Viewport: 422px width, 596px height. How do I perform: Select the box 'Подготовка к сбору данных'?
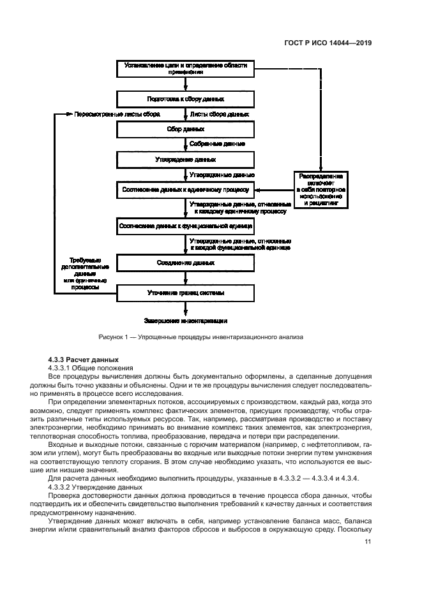pyautogui.click(x=185, y=99)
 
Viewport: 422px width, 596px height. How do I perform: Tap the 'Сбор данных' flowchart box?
pyautogui.click(x=185, y=129)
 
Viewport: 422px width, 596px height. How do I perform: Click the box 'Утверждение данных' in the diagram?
pyautogui.click(x=185, y=159)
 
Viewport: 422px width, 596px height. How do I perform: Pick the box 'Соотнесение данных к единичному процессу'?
pyautogui.click(x=185, y=189)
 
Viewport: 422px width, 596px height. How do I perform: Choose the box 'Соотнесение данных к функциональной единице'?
pyautogui.click(x=185, y=226)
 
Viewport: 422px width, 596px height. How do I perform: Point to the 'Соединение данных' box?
pyautogui.click(x=185, y=262)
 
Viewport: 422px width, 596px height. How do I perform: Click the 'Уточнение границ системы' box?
pyautogui.click(x=185, y=293)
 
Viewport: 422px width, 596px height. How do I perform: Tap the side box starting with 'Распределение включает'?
pyautogui.click(x=321, y=190)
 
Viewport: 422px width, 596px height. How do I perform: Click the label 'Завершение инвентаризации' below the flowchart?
pyautogui.click(x=186, y=320)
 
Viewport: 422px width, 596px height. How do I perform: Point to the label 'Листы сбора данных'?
pyautogui.click(x=220, y=114)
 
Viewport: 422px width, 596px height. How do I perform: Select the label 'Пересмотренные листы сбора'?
pyautogui.click(x=116, y=114)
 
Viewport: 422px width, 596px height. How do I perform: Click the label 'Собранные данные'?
pyautogui.click(x=218, y=144)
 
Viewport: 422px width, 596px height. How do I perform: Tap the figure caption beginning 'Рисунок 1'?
pyautogui.click(x=201, y=337)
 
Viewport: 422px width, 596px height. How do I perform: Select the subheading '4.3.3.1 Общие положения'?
pyautogui.click(x=91, y=368)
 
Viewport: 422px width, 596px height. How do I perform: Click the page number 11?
pyautogui.click(x=368, y=542)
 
